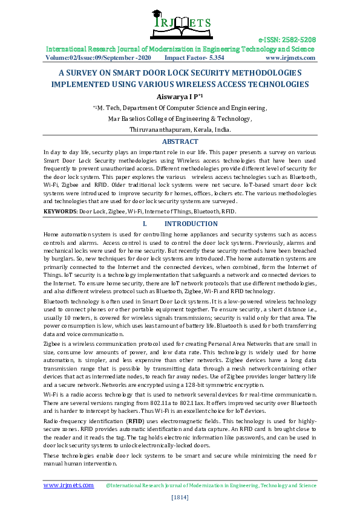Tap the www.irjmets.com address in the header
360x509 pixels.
tap(290, 58)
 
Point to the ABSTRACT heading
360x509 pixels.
tap(180, 141)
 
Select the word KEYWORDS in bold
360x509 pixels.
tap(59, 212)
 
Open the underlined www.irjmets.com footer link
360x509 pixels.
tap(68, 485)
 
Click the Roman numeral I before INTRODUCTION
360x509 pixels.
tap(145, 224)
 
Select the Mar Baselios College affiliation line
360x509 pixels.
tap(180, 118)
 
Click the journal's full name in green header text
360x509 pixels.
tap(180, 49)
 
